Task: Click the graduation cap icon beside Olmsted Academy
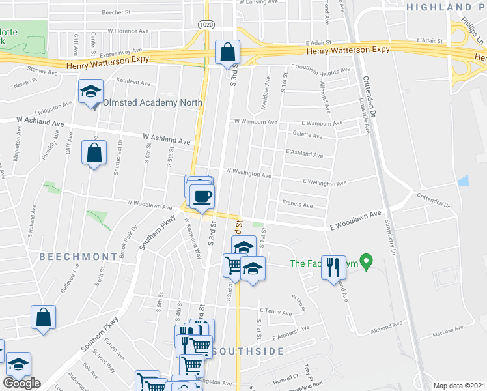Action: point(91,91)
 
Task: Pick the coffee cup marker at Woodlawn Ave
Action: point(202,195)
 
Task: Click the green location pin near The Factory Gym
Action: point(366,263)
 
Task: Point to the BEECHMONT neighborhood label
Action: point(71,257)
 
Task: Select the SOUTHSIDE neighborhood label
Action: point(247,351)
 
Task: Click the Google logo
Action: point(21,383)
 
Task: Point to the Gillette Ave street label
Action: point(308,136)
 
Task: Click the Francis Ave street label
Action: point(298,204)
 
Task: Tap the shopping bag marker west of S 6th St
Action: point(94,152)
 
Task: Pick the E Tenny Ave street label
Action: point(276,312)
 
